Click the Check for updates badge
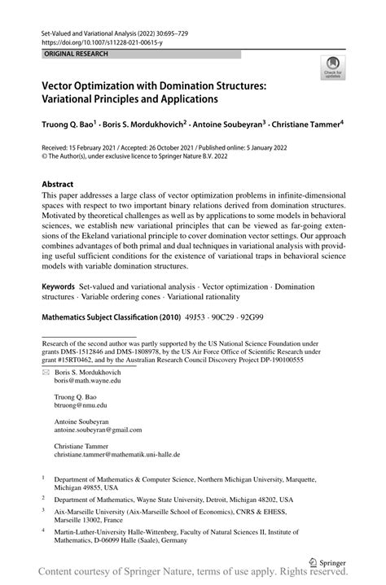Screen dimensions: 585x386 coord(331,69)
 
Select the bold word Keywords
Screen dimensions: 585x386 coord(59,288)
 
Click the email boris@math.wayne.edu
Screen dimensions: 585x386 coord(87,380)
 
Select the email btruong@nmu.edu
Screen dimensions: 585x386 coord(81,404)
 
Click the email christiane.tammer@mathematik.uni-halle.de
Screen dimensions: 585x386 coord(117,455)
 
